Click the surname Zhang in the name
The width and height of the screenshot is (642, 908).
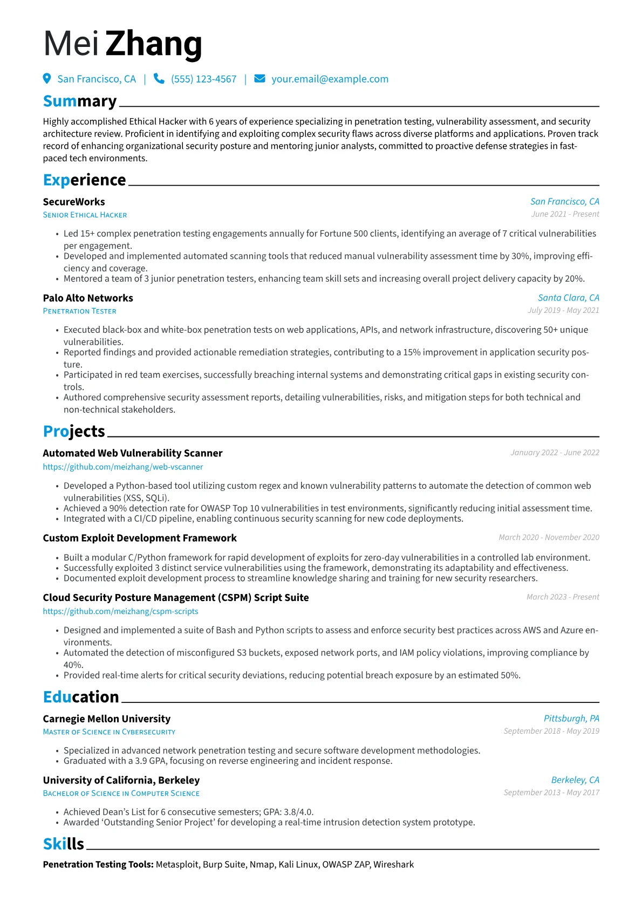[x=154, y=44]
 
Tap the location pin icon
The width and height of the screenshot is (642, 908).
[x=47, y=79]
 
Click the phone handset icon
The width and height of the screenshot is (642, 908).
[x=159, y=79]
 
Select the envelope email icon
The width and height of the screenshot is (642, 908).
[x=259, y=79]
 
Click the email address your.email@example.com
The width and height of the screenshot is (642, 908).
[x=330, y=79]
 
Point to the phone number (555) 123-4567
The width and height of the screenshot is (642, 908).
[x=203, y=79]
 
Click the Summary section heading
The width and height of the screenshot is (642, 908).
[x=80, y=101]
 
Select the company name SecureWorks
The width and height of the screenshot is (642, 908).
[x=74, y=202]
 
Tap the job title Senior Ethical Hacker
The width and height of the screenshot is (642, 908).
[x=85, y=215]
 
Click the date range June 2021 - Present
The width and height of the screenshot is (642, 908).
[x=565, y=214]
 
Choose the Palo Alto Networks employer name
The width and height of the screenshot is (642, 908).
[x=88, y=298]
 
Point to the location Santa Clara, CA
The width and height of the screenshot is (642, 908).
[x=568, y=298]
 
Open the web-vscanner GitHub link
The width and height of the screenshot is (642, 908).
[x=123, y=467]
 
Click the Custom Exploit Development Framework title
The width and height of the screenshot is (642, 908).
[x=140, y=538]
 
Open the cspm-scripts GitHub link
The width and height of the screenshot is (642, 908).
[x=120, y=611]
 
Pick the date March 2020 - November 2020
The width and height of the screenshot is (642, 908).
[x=549, y=537]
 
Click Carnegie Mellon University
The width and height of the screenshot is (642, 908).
[x=107, y=719]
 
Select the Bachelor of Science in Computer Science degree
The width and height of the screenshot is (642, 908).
[x=121, y=794]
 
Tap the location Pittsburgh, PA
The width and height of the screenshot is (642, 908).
[x=571, y=719]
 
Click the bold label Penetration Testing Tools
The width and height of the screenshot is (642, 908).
[x=98, y=864]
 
